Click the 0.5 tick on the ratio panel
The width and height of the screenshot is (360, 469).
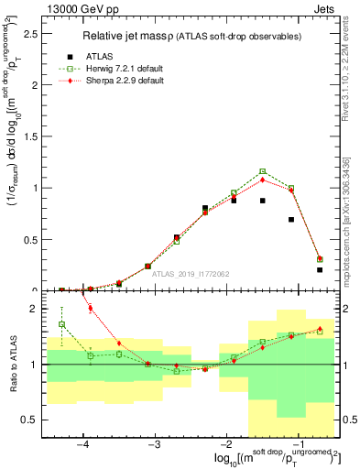click(30, 420)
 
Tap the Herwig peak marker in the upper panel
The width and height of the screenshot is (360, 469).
click(262, 171)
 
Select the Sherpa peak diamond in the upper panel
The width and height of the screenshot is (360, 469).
click(262, 179)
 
